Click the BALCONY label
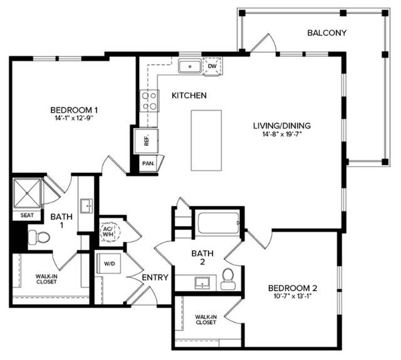[326, 33]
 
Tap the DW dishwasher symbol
[212, 66]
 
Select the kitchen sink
[190, 66]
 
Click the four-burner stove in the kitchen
[149, 101]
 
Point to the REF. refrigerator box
[147, 141]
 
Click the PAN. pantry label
[148, 163]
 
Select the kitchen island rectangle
[206, 140]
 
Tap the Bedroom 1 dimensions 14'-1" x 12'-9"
[74, 118]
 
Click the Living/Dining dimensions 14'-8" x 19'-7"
[282, 134]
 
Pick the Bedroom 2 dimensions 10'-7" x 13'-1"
[293, 296]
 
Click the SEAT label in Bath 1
[27, 215]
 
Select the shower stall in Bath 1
[27, 193]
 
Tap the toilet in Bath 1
[39, 237]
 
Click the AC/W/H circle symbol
[110, 232]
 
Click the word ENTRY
[155, 277]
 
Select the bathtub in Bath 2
[219, 223]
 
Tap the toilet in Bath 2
[227, 279]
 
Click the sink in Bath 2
[202, 283]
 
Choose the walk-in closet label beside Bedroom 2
[206, 320]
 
